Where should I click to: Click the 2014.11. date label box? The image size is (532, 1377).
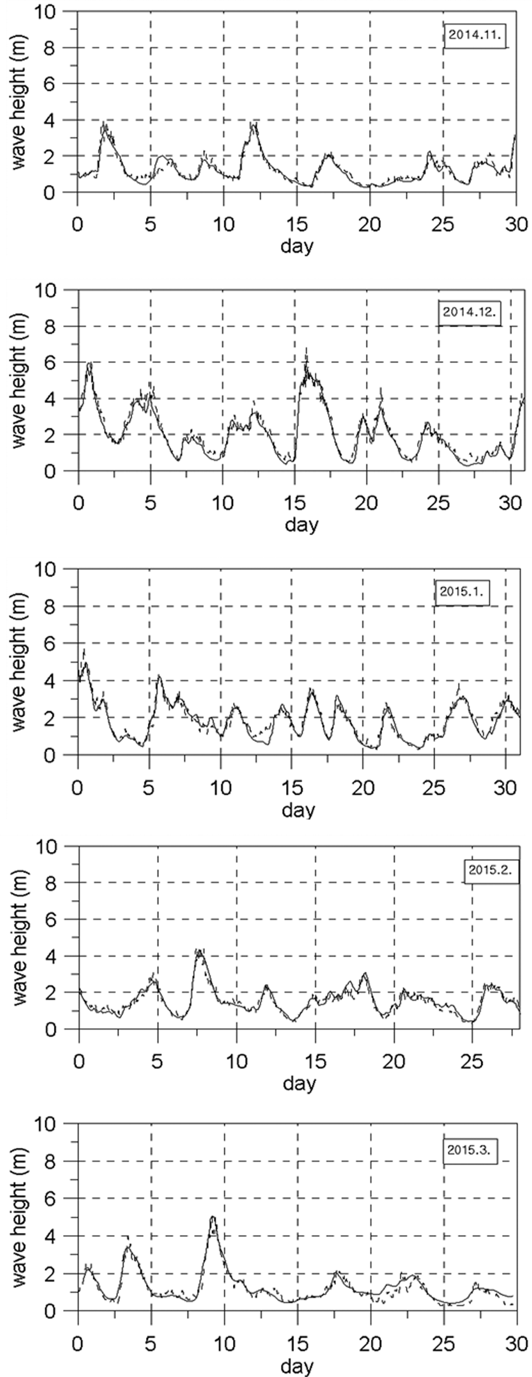coord(475,36)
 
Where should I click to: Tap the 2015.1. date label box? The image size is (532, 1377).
coord(462,592)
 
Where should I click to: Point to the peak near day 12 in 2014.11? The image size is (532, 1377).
coord(253,125)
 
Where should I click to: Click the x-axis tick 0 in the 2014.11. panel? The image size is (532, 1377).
coord(78,224)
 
